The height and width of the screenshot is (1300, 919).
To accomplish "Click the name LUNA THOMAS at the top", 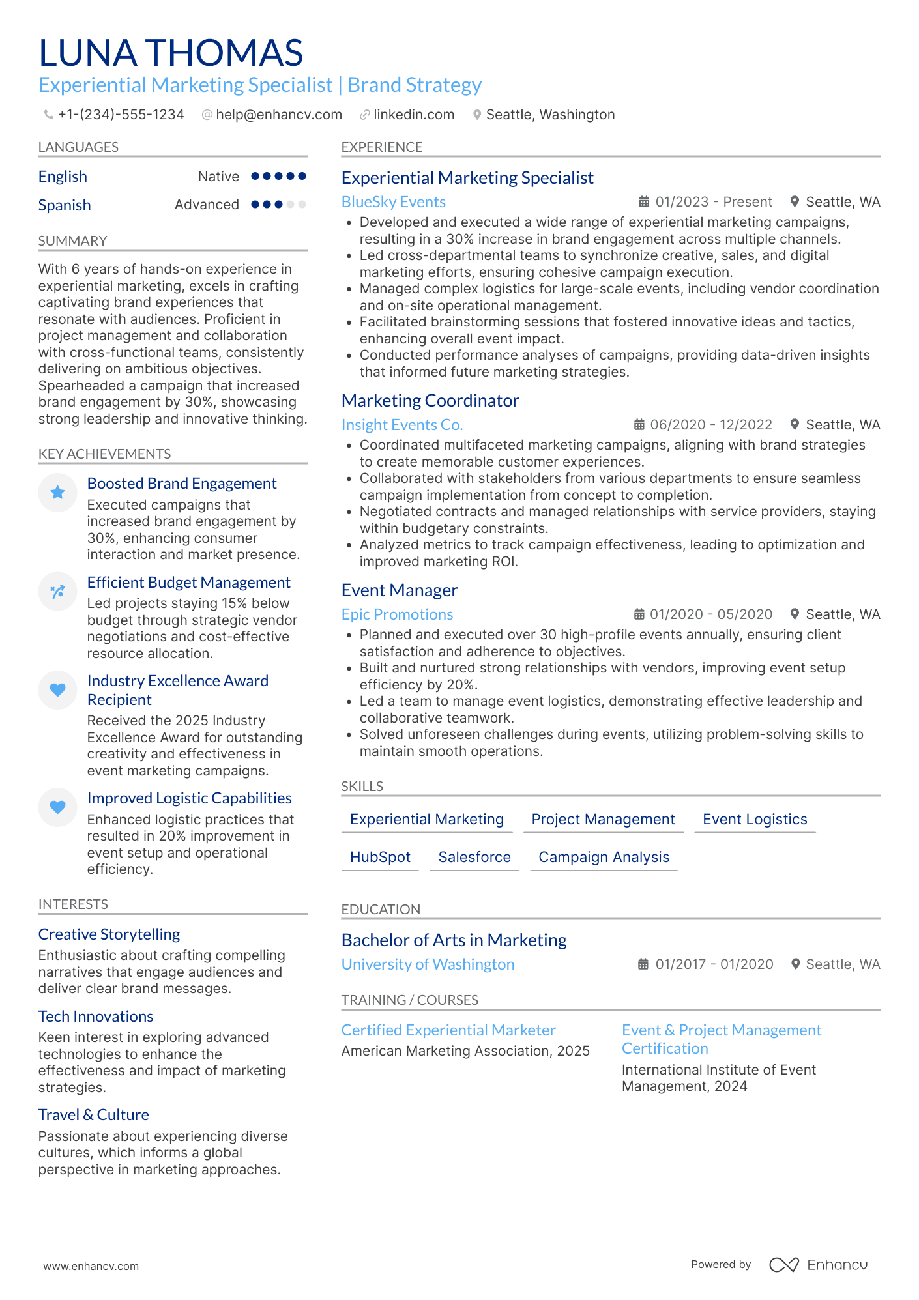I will click(171, 53).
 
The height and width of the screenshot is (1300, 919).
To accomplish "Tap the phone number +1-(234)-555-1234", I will click(121, 115).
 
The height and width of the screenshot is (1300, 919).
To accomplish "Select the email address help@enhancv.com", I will click(278, 115).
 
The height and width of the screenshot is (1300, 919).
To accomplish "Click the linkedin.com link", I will click(413, 115).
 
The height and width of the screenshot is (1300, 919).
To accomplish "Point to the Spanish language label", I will click(65, 205).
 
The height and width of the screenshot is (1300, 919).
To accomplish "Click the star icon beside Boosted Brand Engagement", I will click(57, 493).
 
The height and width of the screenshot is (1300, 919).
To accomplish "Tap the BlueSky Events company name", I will click(394, 202).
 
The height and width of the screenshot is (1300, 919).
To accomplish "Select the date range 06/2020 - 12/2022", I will click(710, 425).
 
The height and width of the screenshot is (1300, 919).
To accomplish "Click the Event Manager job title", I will click(400, 590).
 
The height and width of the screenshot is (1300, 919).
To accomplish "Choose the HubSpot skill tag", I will click(380, 858).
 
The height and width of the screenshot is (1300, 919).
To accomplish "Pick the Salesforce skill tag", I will click(474, 858).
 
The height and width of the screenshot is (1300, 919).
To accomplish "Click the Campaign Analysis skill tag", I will click(604, 858).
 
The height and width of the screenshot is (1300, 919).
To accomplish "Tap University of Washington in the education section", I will click(428, 964).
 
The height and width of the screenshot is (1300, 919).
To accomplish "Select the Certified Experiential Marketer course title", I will click(448, 1030).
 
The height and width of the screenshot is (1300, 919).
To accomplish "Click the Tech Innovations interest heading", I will click(96, 1017).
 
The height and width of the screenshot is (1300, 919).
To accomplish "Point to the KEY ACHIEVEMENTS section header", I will click(104, 454).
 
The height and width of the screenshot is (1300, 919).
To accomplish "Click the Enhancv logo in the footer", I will click(818, 1265).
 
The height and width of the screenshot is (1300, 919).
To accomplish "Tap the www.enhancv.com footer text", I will click(91, 1266).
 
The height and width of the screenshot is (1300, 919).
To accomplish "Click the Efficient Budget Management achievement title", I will click(189, 583).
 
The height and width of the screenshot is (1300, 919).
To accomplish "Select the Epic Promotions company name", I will click(397, 614).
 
